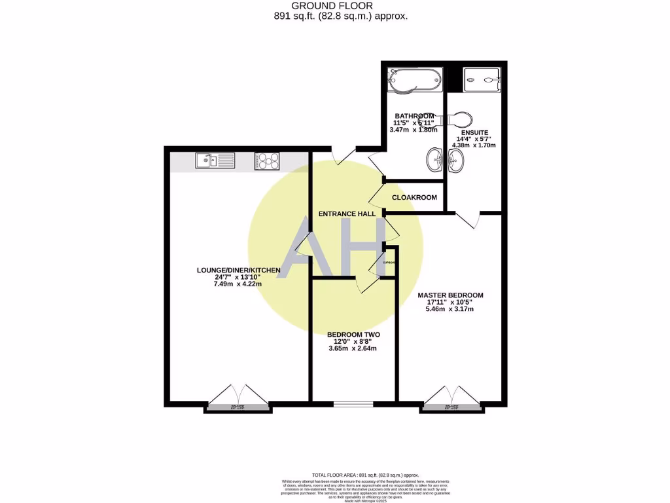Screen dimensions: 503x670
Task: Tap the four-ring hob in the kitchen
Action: click(x=267, y=160)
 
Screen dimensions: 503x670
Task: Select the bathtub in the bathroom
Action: click(x=414, y=81)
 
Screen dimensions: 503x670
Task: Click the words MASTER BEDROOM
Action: click(x=450, y=295)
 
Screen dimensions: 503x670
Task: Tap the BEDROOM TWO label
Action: click(x=353, y=335)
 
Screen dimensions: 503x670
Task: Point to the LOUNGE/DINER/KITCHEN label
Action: click(x=239, y=270)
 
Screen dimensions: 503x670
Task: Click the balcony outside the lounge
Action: click(x=238, y=407)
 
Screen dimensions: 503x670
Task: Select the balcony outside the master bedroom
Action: click(x=451, y=407)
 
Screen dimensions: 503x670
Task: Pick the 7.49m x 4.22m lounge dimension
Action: click(x=239, y=284)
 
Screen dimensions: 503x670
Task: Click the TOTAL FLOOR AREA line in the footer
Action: click(x=364, y=475)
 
